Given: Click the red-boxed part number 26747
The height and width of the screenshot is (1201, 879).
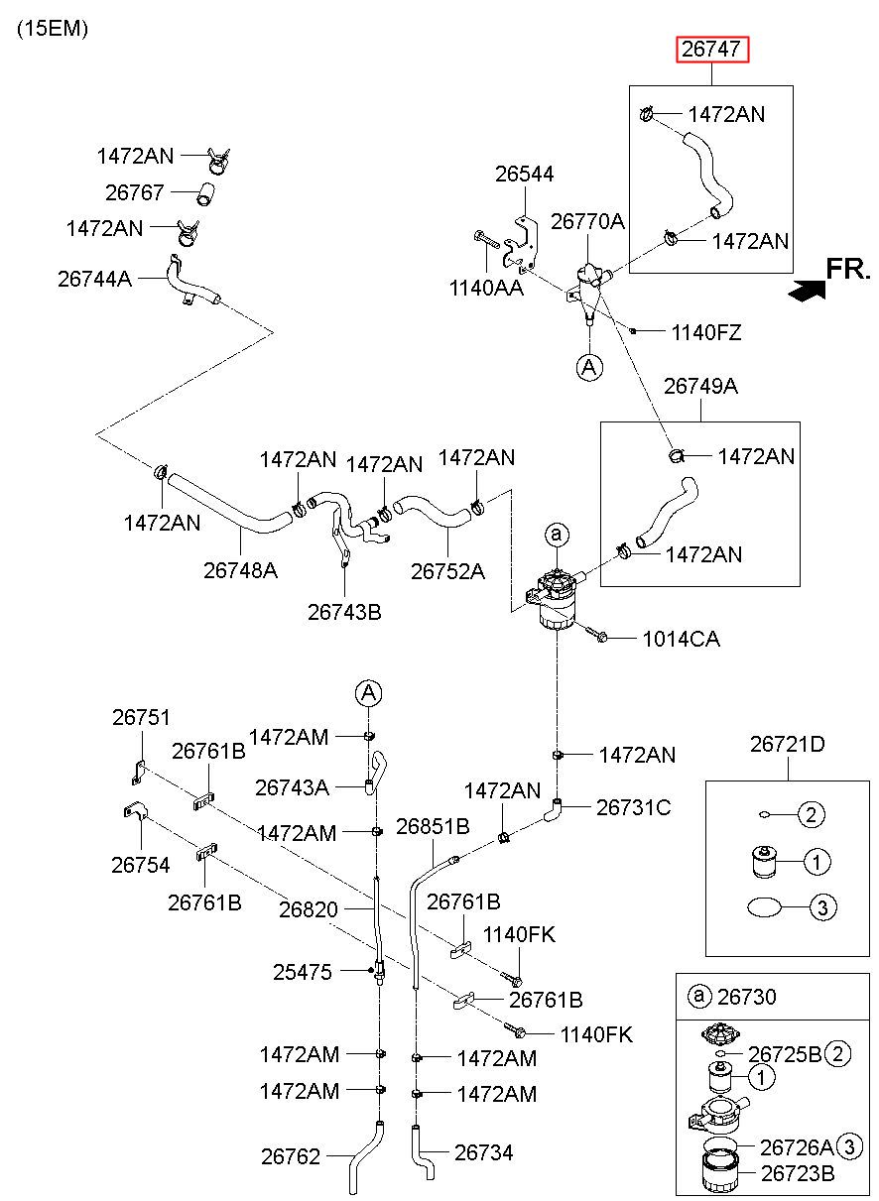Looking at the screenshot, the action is pyautogui.click(x=711, y=50).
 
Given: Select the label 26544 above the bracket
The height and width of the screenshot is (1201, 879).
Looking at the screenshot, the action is pyautogui.click(x=524, y=174).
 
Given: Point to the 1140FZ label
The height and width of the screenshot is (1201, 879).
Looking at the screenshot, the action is pyautogui.click(x=706, y=333).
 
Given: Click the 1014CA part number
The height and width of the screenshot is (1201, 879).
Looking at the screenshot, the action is pyautogui.click(x=682, y=639).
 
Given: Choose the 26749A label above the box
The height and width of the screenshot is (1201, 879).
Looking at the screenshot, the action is pyautogui.click(x=700, y=386).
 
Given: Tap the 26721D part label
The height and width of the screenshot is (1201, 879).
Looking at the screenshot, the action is pyautogui.click(x=787, y=744).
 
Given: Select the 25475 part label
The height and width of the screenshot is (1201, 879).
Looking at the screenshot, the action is pyautogui.click(x=303, y=972).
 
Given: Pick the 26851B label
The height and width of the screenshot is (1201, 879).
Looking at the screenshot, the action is pyautogui.click(x=433, y=826).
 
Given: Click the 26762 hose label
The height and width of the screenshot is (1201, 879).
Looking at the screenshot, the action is pyautogui.click(x=291, y=1156).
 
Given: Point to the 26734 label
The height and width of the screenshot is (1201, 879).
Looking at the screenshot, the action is pyautogui.click(x=484, y=1152).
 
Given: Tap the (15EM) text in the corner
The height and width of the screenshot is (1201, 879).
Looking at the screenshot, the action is pyautogui.click(x=53, y=29).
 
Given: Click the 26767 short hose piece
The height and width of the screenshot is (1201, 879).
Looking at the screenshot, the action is pyautogui.click(x=204, y=194).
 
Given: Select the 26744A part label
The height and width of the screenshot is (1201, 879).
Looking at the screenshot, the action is pyautogui.click(x=94, y=279).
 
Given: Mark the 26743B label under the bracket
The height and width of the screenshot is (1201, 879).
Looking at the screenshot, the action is pyautogui.click(x=344, y=612).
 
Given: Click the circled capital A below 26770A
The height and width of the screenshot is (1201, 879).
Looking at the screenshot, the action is pyautogui.click(x=589, y=367).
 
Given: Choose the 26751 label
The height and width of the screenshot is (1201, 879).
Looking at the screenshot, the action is pyautogui.click(x=141, y=717).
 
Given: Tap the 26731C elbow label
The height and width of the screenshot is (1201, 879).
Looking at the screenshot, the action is pyautogui.click(x=633, y=807).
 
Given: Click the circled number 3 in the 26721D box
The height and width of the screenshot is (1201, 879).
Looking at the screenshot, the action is pyautogui.click(x=822, y=907).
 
